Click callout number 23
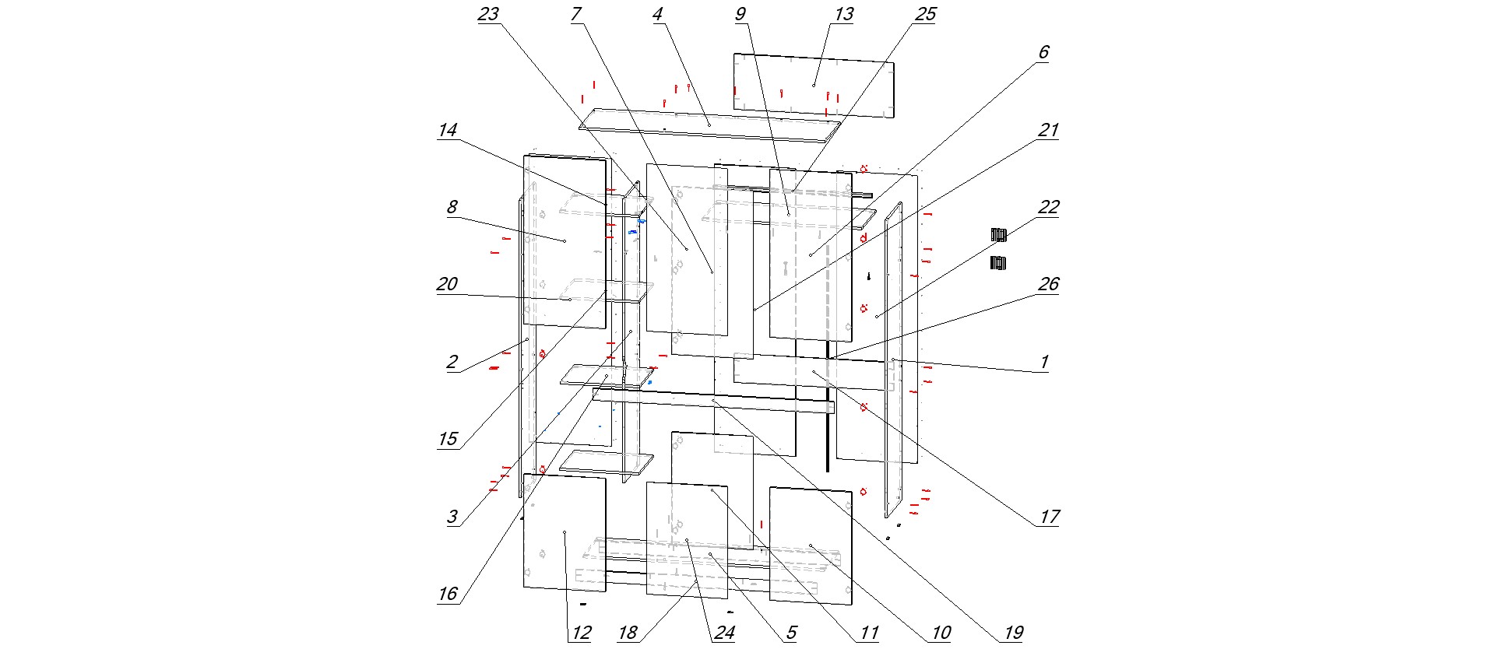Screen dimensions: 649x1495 coord(488,15)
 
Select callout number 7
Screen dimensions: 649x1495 coord(576,15)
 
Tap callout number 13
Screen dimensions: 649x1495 coord(843,15)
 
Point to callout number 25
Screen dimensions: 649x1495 coord(925,15)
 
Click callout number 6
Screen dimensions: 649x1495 coord(1043,53)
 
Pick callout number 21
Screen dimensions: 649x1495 coord(1048,130)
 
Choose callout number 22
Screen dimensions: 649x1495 coord(1048,207)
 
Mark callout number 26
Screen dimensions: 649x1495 coord(1048,284)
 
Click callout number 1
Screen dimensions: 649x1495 coord(1044,362)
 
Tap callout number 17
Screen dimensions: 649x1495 coord(1049,517)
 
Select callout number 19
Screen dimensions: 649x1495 coord(1012,633)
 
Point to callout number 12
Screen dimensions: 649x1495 coord(581,633)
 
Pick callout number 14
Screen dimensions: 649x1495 coord(448,130)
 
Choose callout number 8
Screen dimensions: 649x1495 coord(452,207)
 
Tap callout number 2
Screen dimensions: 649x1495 coord(452,362)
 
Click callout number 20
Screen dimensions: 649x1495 coord(448,284)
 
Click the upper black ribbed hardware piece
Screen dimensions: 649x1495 coord(999,234)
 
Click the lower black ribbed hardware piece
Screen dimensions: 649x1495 coord(998,263)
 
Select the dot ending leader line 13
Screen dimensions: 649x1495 coord(814,84)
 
